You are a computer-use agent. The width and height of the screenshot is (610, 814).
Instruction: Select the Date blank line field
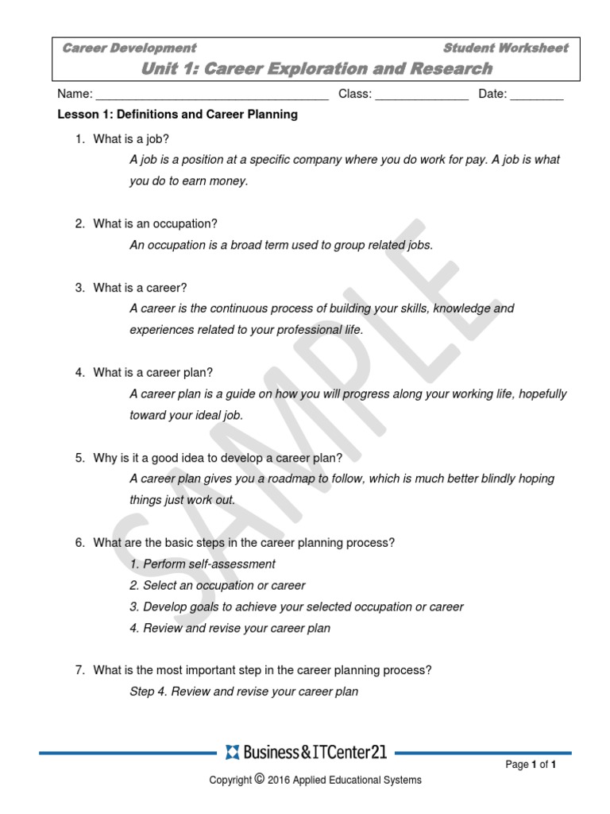536,95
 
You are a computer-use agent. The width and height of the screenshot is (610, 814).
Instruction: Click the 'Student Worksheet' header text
505,48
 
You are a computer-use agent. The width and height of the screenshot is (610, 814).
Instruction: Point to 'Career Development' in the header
129,48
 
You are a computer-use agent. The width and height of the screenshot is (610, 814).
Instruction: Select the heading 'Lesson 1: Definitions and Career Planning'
178,114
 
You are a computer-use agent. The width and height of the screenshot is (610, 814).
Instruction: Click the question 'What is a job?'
131,139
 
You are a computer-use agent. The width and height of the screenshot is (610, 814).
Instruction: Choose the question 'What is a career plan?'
152,373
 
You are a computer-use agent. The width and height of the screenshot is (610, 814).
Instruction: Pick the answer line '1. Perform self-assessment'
203,564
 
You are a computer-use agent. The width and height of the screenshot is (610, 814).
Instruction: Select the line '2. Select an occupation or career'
218,586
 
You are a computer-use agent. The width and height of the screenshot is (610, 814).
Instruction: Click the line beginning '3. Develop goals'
296,607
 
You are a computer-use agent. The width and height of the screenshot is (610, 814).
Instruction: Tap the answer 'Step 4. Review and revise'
244,692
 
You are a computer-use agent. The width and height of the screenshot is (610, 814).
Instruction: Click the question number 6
79,543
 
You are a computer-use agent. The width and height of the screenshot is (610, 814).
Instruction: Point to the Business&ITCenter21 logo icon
232,752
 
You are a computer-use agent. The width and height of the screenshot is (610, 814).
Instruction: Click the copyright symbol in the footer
260,779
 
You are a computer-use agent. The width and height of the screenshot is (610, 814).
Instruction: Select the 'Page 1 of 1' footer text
531,766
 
